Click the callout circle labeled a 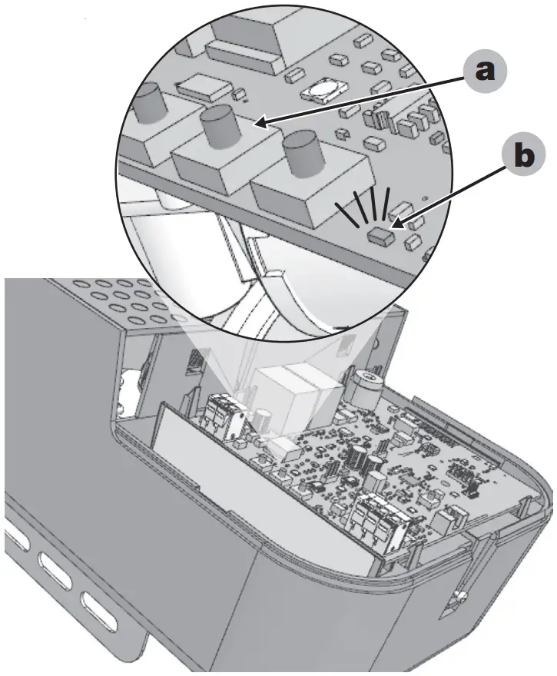(x=482, y=73)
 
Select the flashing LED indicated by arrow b (x=378, y=234)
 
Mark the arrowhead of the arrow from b (x=393, y=226)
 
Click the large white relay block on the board (x=290, y=396)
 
